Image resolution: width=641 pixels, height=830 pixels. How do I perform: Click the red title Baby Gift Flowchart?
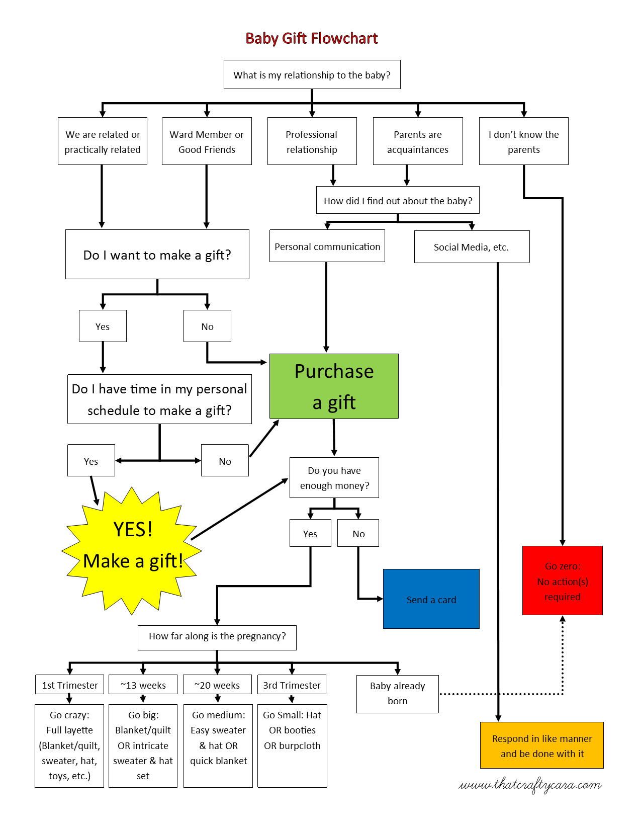[x=311, y=38]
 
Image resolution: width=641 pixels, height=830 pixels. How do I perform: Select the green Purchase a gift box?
[x=334, y=386]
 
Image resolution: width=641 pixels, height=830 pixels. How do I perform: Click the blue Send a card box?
[x=431, y=599]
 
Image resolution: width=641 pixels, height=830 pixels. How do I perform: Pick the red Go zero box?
[x=562, y=580]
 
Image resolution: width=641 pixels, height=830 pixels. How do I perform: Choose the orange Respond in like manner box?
[x=541, y=745]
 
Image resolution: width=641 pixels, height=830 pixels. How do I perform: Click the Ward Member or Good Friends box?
[x=207, y=141]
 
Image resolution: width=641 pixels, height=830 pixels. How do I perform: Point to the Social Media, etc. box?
[x=472, y=247]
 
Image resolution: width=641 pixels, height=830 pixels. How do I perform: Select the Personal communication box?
[x=327, y=246]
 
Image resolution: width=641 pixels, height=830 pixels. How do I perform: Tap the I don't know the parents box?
[x=523, y=141]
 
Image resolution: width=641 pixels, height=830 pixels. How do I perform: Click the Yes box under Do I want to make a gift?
[x=103, y=326]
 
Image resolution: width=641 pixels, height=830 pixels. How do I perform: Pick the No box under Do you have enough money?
[x=358, y=533]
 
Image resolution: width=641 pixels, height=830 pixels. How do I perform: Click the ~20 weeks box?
[x=217, y=685]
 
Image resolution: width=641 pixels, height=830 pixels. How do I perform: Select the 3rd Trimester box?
[x=292, y=685]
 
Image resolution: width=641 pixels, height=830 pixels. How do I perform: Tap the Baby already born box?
[x=397, y=694]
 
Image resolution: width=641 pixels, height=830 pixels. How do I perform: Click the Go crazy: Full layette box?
[x=69, y=745]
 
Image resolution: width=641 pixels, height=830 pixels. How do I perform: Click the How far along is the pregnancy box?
[x=217, y=637]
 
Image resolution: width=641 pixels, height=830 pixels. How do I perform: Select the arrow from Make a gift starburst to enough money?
[x=239, y=509]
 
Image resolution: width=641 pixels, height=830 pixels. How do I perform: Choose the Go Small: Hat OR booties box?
[x=292, y=745]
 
